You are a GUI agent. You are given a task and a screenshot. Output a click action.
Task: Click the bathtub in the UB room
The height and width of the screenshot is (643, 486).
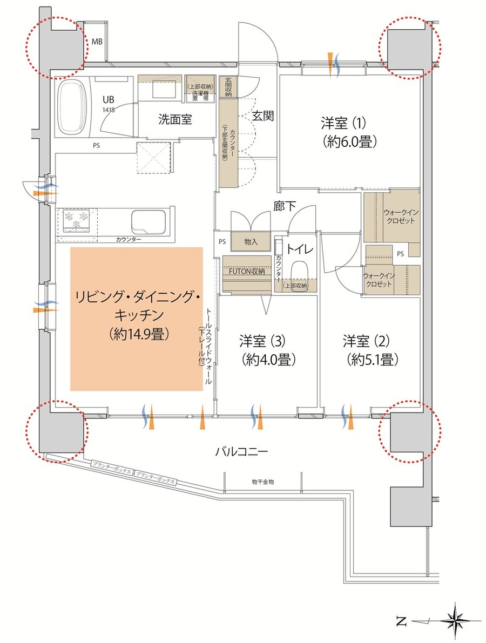click(76, 108)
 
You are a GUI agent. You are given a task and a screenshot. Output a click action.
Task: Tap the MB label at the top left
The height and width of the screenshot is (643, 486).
click(97, 42)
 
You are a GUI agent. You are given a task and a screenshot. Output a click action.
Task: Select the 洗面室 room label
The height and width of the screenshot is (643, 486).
click(175, 120)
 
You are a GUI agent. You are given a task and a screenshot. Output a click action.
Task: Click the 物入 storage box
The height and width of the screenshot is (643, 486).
click(251, 242)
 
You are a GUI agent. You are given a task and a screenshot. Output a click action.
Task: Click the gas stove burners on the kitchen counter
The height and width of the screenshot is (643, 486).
click(76, 219)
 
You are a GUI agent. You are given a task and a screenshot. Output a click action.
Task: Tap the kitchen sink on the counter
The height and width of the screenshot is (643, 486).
click(151, 221)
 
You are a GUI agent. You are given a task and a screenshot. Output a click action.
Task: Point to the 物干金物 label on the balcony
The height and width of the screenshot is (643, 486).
click(263, 482)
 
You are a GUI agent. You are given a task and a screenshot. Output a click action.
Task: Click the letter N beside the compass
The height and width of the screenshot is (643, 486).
click(401, 621)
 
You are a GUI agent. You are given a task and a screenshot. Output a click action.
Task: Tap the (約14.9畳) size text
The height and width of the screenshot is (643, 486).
click(136, 334)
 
